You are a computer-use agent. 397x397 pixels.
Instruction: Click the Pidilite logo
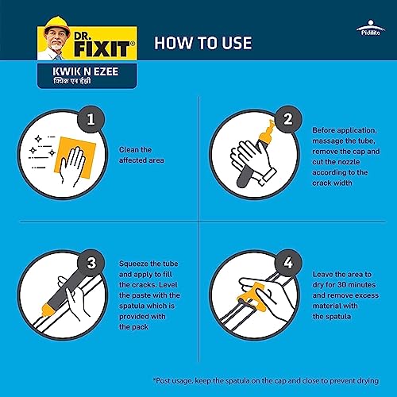[371, 28]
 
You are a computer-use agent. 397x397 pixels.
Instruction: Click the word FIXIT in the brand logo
[102, 48]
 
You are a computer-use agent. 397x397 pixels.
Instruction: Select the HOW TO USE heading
[203, 43]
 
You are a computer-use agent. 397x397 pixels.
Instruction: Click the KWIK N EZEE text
[86, 71]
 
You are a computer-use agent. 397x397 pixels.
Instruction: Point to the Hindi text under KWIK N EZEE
[72, 81]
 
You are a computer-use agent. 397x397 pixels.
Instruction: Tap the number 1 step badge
[91, 119]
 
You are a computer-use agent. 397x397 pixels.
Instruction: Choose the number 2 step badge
[288, 119]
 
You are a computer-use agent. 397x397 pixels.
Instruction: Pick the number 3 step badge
[91, 263]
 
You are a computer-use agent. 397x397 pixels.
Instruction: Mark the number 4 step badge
[288, 263]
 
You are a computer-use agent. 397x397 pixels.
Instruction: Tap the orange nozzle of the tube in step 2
[268, 133]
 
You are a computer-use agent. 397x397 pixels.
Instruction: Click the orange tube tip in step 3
[47, 309]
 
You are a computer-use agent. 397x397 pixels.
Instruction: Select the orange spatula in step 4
[253, 295]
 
